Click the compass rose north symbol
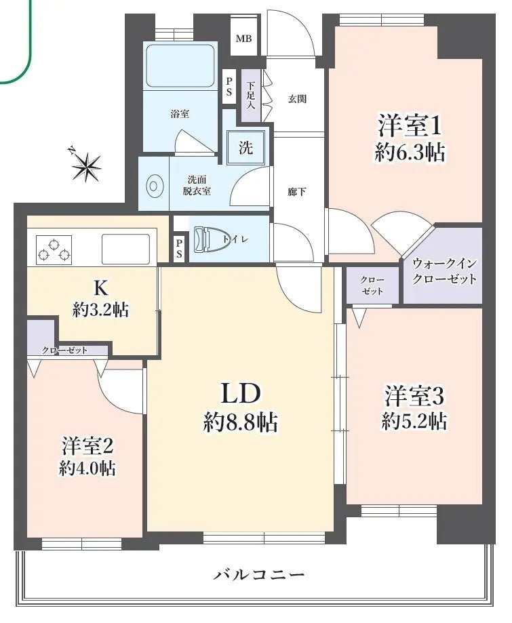87,163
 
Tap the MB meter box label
243,39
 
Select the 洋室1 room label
410,126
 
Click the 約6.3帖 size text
410,153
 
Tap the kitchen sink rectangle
125,249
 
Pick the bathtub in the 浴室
180,66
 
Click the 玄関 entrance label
297,99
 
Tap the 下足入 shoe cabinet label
251,96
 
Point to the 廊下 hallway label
297,192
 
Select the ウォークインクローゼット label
444,271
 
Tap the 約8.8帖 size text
240,423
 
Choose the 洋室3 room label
414,395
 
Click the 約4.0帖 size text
86,468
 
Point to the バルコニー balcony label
259,575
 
